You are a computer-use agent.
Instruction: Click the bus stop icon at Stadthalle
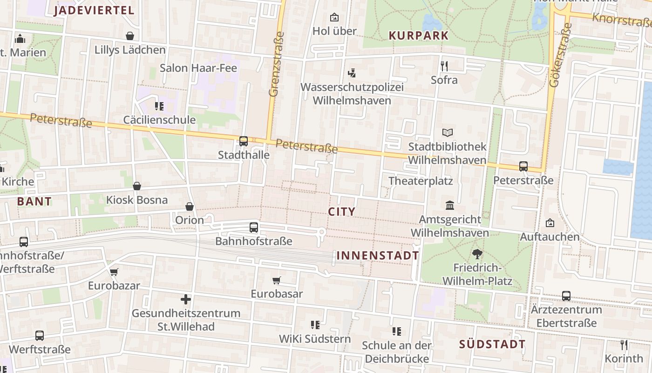click(243, 141)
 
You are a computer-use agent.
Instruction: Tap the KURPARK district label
click(418, 35)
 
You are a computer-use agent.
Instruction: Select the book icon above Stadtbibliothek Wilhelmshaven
click(447, 133)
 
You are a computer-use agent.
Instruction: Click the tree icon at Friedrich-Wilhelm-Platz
click(477, 254)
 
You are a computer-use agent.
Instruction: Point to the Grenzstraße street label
click(276, 64)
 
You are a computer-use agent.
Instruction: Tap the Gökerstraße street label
click(560, 55)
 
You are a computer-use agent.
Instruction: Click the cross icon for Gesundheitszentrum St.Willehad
click(186, 299)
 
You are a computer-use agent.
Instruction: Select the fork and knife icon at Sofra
click(444, 66)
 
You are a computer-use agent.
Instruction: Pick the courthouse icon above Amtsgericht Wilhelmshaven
click(449, 205)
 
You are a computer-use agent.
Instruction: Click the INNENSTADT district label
click(378, 256)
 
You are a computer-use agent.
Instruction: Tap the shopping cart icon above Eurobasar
click(277, 280)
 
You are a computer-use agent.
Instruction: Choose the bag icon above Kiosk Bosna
click(137, 186)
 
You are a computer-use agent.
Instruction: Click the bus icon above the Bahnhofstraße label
click(253, 228)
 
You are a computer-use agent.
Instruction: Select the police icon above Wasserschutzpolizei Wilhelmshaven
click(352, 73)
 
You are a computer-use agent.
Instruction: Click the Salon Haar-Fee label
click(198, 68)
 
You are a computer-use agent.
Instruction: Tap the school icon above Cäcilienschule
click(159, 106)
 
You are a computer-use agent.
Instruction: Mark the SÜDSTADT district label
click(492, 345)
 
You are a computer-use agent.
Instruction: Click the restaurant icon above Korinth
click(624, 345)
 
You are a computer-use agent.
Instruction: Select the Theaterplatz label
click(421, 180)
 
